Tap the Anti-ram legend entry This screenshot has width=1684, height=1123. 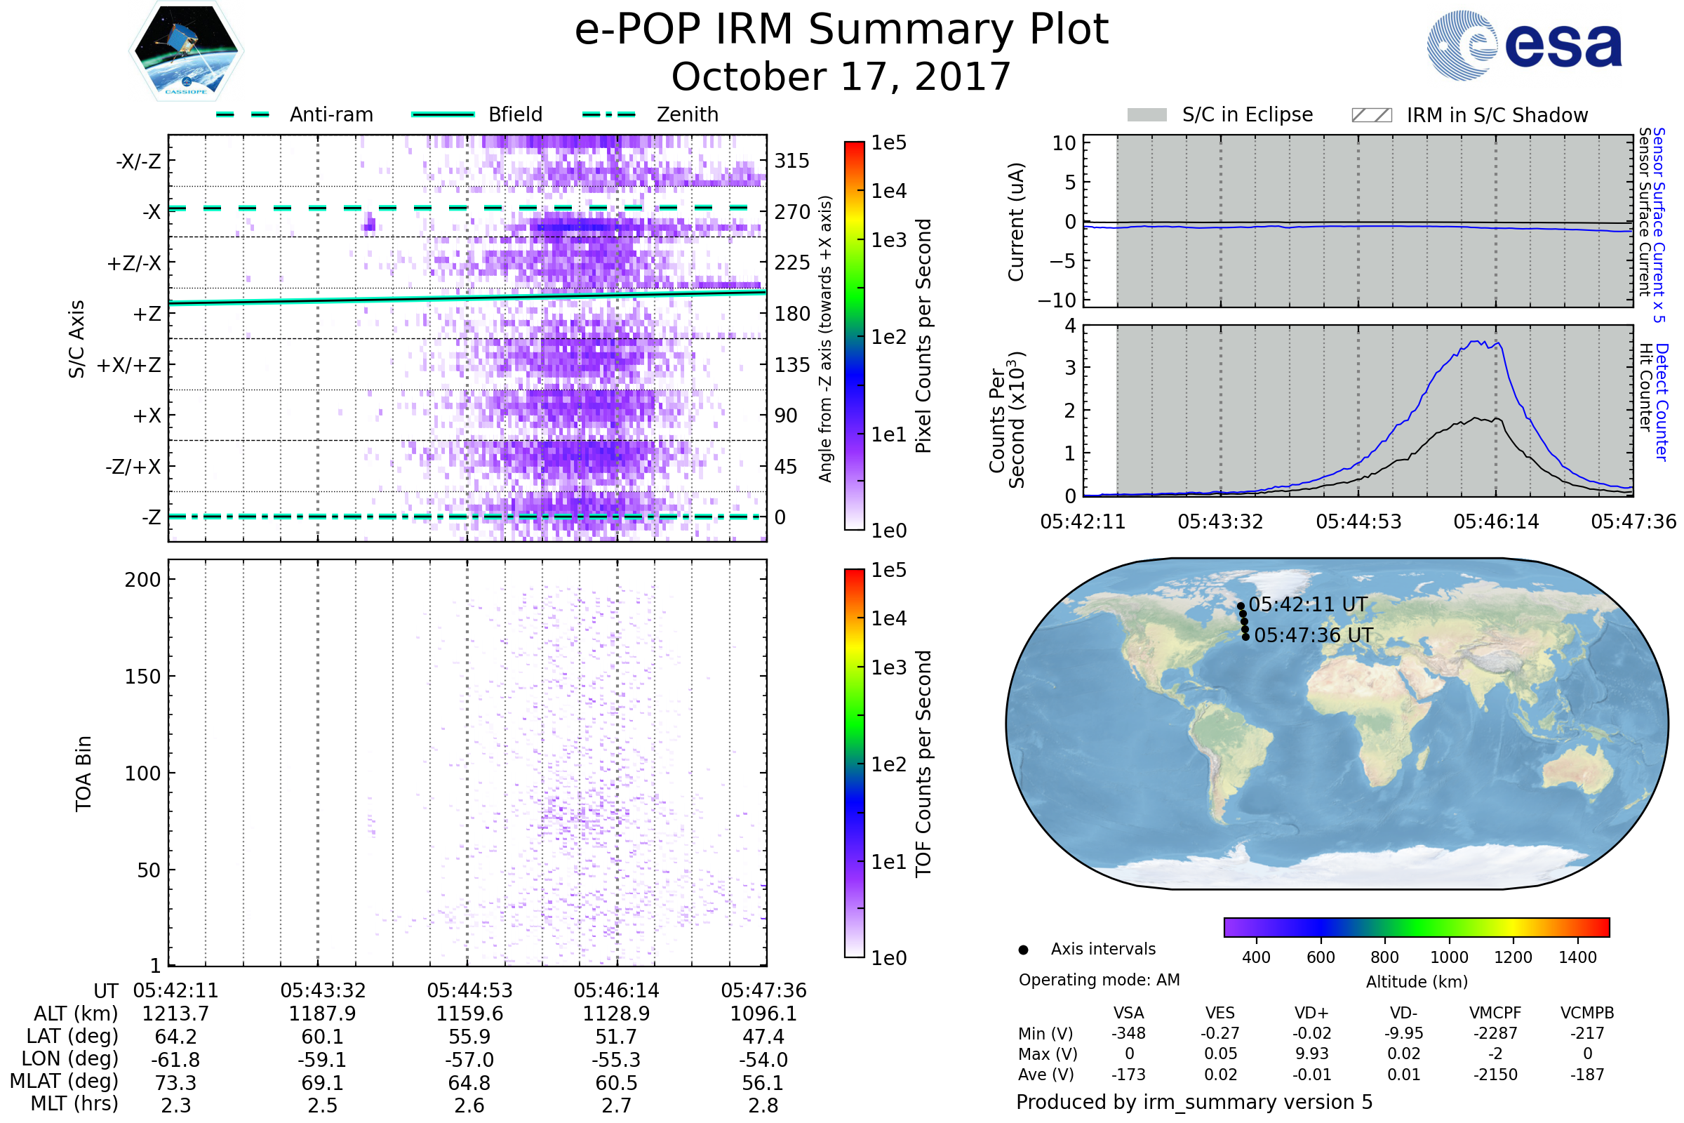[x=330, y=114]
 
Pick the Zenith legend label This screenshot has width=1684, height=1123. [x=688, y=114]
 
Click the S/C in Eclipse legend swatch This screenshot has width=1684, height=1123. [x=1147, y=115]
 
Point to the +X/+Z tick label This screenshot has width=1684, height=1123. [x=129, y=365]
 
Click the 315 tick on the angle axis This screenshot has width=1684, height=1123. [x=791, y=161]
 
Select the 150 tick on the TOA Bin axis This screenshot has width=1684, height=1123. [x=142, y=677]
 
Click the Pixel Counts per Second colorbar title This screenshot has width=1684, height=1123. [x=923, y=336]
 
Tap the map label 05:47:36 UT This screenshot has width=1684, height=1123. [x=1313, y=635]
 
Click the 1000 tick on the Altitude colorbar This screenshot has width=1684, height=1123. [x=1448, y=957]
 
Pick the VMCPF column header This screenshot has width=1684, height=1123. [x=1495, y=1013]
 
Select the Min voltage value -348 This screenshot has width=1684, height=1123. [x=1128, y=1033]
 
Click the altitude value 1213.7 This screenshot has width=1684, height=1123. [x=175, y=1014]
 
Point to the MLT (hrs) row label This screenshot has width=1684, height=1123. [x=74, y=1103]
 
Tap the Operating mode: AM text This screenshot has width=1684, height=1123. [x=1099, y=980]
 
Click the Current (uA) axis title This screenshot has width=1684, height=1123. [x=1016, y=222]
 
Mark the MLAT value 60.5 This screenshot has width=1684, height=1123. [x=617, y=1082]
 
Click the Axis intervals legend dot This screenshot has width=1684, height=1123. [x=1023, y=950]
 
